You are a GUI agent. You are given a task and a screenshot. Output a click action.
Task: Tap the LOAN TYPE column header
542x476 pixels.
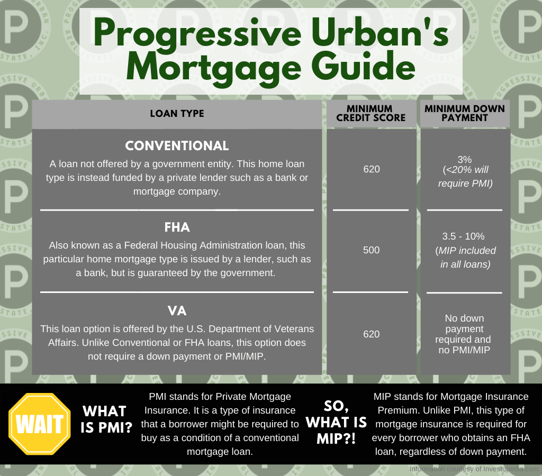(x=177, y=114)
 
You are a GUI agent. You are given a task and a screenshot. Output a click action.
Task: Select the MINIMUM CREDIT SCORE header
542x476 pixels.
(x=371, y=114)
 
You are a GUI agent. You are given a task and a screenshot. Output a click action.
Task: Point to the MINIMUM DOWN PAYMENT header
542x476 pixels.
(x=465, y=114)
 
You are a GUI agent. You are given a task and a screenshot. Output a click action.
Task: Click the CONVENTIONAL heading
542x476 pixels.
(x=177, y=146)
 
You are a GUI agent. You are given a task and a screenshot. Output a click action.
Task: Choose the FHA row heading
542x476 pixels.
(x=177, y=227)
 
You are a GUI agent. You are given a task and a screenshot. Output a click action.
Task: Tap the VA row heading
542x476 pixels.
(x=177, y=310)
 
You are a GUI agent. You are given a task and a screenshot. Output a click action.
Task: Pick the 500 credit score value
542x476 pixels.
(x=371, y=250)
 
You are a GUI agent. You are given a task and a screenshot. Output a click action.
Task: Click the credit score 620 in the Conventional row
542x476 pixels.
(x=371, y=170)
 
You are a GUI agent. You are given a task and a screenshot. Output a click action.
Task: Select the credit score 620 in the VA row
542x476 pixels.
(x=371, y=334)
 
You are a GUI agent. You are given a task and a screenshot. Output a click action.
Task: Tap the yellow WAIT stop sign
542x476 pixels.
(x=40, y=424)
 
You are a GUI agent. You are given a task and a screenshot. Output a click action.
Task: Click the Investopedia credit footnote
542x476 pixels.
(x=474, y=469)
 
